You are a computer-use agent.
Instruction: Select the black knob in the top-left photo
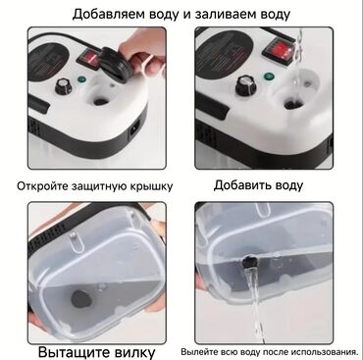[x=63, y=86]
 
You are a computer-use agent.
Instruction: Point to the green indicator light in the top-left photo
[x=81, y=79]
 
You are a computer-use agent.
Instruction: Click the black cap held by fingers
[x=115, y=63]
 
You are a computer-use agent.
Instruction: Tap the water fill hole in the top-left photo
[x=102, y=101]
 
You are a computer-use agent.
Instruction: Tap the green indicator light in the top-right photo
[x=269, y=77]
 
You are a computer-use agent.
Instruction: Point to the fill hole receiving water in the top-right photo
[x=291, y=105]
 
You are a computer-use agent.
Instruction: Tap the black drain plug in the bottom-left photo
[x=80, y=299]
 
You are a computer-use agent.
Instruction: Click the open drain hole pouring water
[x=250, y=262]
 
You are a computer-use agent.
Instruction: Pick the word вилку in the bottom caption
[x=135, y=352]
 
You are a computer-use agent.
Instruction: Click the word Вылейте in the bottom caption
[x=195, y=352]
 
